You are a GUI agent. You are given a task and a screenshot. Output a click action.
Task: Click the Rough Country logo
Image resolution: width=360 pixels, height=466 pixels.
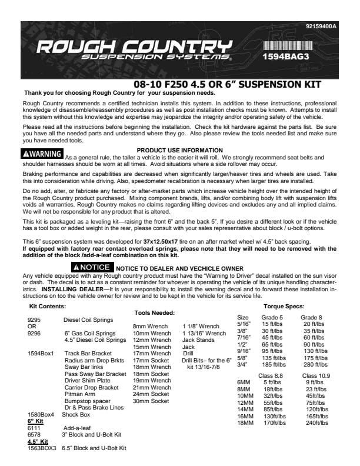point(133,52)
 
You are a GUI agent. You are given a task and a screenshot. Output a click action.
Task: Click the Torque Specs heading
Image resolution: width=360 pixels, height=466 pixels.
point(284,307)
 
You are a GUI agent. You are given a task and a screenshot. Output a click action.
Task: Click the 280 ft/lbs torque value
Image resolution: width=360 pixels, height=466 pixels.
point(315,365)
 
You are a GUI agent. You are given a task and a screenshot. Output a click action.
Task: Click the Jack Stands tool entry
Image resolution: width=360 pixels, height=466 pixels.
point(197,339)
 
